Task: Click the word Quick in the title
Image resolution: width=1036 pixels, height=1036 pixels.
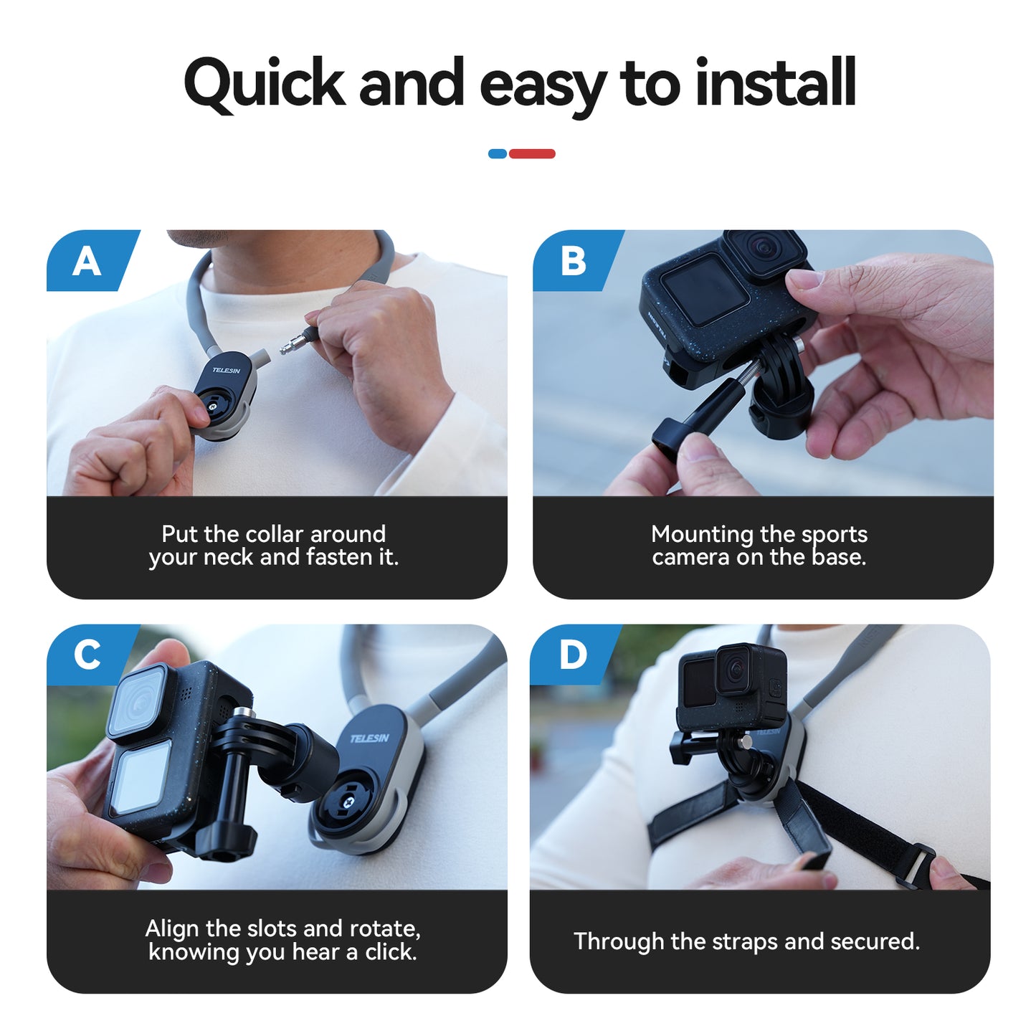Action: (x=264, y=84)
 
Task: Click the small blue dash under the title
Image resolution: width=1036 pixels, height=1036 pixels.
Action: (x=497, y=153)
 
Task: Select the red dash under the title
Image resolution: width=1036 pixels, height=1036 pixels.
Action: (x=532, y=153)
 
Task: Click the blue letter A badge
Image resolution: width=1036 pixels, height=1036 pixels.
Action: (x=87, y=261)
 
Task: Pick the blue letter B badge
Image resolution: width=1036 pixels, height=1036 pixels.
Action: (x=573, y=261)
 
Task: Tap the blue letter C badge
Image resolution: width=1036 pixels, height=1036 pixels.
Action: (x=87, y=655)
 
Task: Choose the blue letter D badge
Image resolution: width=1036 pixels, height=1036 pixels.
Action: (x=572, y=655)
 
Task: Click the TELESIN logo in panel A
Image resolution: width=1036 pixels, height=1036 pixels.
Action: (x=227, y=370)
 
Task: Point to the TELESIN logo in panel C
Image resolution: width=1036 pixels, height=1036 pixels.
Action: (x=370, y=738)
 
